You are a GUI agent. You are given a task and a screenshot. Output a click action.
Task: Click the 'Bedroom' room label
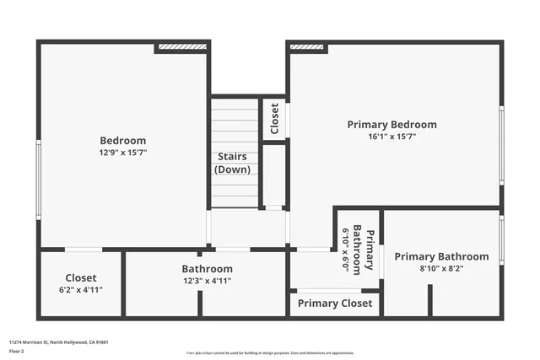(123, 141)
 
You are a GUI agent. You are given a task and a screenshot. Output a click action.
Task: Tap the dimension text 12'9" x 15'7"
(123, 153)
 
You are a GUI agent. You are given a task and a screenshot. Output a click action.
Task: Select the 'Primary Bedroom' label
(392, 125)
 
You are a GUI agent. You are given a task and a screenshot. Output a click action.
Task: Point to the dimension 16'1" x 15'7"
(392, 137)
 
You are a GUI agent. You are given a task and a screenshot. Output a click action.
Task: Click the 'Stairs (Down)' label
(233, 163)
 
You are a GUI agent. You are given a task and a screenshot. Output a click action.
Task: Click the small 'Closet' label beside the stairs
(274, 119)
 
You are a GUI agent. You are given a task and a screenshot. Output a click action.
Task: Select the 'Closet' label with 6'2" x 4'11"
(81, 277)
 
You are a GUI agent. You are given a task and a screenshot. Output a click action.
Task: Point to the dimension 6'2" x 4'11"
(81, 290)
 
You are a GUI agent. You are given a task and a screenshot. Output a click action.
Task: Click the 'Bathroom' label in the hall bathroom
(207, 269)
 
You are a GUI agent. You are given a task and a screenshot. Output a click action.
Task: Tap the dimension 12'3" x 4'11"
(207, 281)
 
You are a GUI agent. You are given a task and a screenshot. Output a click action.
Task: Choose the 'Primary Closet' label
(335, 304)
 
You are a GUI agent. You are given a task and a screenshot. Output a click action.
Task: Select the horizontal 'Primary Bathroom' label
(441, 256)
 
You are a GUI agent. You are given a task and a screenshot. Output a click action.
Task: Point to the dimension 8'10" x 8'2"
(441, 269)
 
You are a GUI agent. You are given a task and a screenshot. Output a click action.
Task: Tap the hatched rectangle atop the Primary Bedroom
(308, 48)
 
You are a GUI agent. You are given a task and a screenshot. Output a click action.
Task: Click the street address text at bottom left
(58, 342)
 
